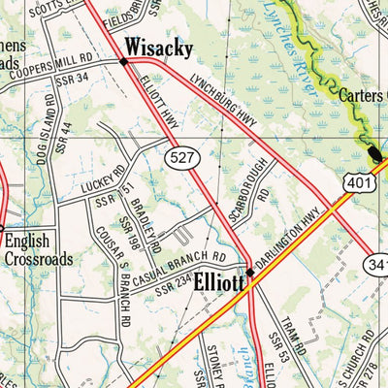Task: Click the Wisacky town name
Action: coord(158,46)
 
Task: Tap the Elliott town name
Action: coord(218,284)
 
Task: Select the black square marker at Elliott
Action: coord(249,273)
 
